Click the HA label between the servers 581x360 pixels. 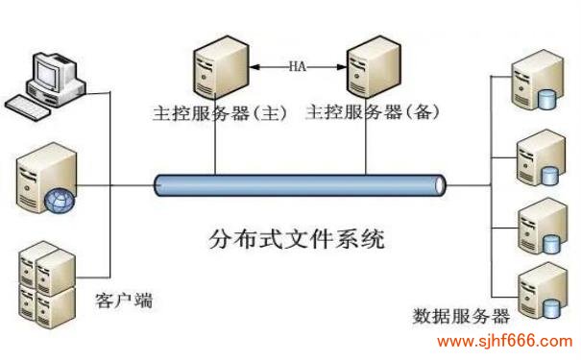pyautogui.click(x=298, y=66)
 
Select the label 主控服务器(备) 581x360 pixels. pyautogui.click(x=372, y=111)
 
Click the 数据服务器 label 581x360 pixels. pyautogui.click(x=461, y=316)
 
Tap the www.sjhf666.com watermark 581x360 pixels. pyautogui.click(x=504, y=342)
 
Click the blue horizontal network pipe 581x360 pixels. pyautogui.click(x=298, y=184)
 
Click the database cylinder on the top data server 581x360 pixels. pyautogui.click(x=549, y=98)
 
